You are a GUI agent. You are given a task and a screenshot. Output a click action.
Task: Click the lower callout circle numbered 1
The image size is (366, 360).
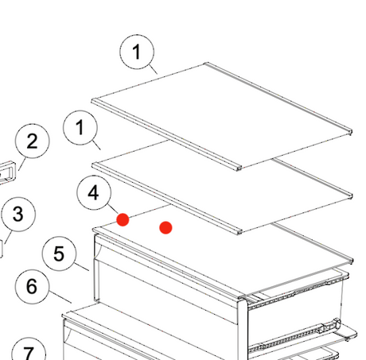click(80, 128)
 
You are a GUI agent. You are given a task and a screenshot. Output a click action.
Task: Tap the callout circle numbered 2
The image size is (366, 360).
click(32, 142)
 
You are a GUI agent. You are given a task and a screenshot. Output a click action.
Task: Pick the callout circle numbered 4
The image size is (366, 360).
click(95, 193)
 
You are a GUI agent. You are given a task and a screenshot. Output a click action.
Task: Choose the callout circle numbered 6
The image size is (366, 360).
click(32, 286)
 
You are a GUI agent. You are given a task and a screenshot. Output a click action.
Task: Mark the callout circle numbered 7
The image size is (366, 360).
click(29, 353)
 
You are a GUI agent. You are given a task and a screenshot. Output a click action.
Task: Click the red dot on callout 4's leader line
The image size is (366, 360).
click(123, 219)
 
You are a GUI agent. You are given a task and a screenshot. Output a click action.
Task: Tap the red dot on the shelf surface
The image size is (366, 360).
click(165, 228)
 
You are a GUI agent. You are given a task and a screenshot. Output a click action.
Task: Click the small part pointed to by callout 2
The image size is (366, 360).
click(10, 172)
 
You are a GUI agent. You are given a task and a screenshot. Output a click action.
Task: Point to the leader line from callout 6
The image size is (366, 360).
click(60, 300)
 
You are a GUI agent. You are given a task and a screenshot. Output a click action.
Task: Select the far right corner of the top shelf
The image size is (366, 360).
click(350, 126)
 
